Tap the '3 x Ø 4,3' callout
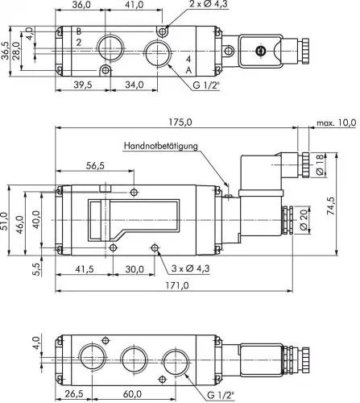coord(191,267)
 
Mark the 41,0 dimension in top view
coord(134,5)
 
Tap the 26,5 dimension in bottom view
coord(73,395)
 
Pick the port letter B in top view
coord(78,31)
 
